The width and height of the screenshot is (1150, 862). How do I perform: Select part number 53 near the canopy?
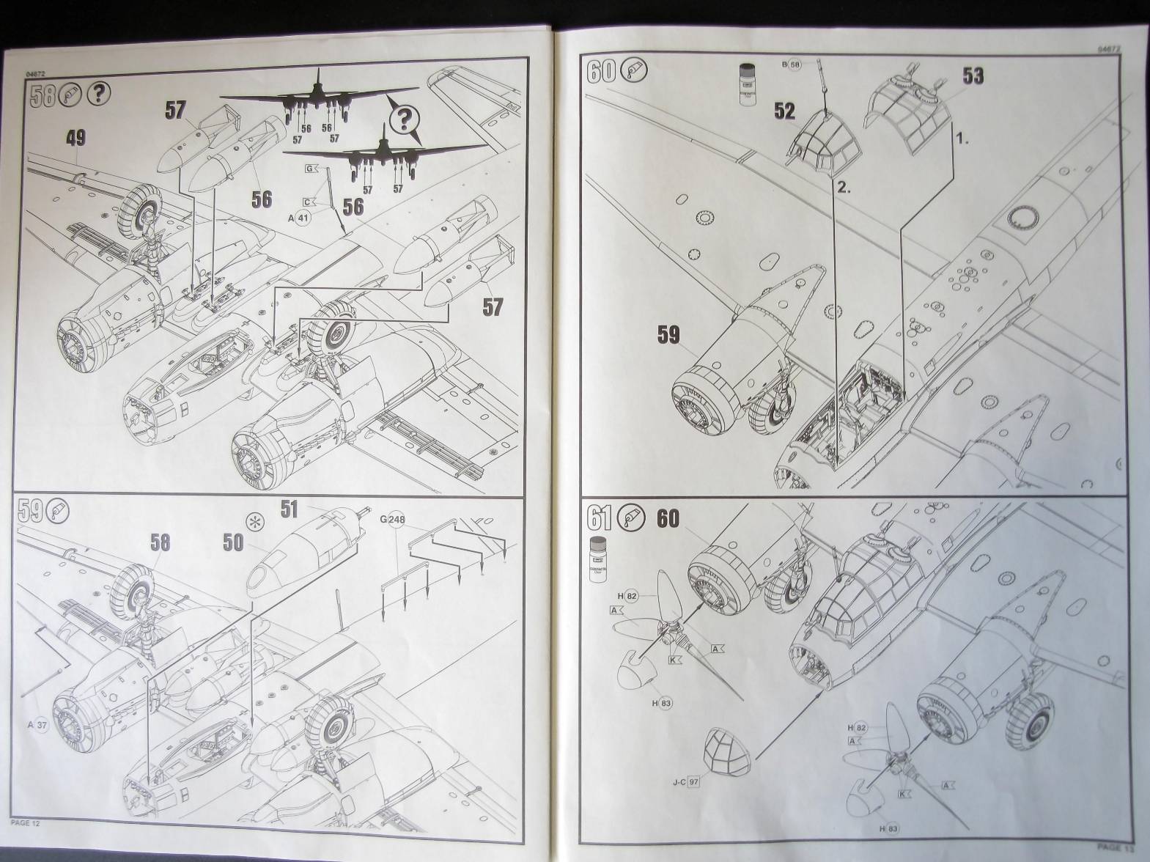(973, 76)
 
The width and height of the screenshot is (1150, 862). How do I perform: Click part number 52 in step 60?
(784, 111)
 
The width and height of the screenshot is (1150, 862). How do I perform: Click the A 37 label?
(37, 726)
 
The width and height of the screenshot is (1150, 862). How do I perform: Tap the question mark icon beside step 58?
(100, 95)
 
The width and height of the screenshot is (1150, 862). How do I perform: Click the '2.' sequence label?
(844, 188)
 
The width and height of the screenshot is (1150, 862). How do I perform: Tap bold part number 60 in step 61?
(668, 518)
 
